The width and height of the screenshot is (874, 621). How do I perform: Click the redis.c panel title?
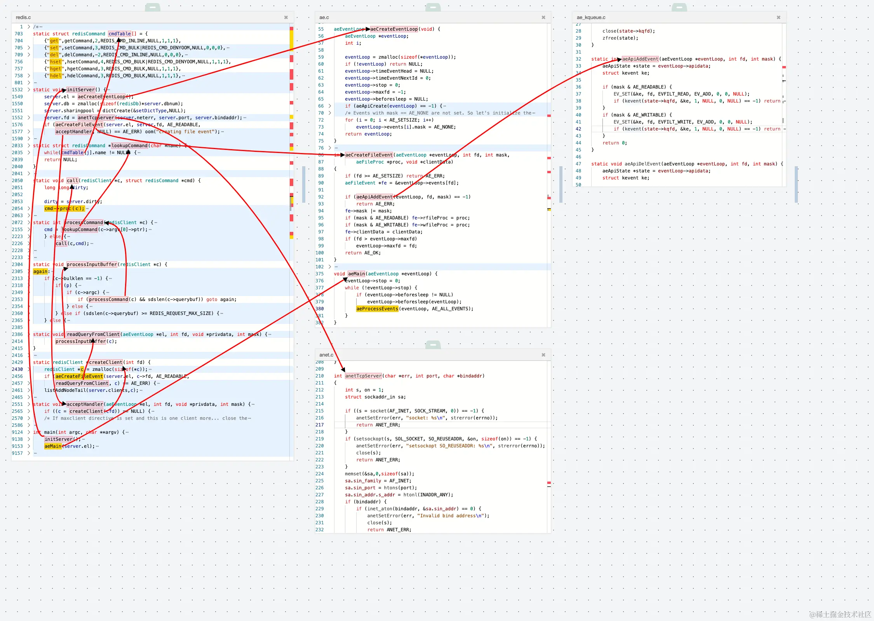pyautogui.click(x=23, y=17)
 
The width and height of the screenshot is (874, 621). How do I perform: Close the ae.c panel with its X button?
pyautogui.click(x=543, y=17)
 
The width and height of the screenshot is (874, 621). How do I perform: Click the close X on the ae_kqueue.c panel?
pyautogui.click(x=778, y=17)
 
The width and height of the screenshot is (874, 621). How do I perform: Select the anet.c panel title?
pyautogui.click(x=326, y=355)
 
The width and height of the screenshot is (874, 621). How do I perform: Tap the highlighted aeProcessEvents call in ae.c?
pyautogui.click(x=377, y=309)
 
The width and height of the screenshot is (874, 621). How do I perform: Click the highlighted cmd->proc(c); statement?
pyautogui.click(x=64, y=209)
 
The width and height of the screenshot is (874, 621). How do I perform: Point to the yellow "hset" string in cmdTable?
pyautogui.click(x=56, y=62)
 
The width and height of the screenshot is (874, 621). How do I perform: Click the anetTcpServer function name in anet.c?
pyautogui.click(x=363, y=376)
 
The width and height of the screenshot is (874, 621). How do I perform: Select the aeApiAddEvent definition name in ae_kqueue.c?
pyautogui.click(x=640, y=59)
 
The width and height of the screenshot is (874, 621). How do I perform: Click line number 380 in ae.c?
pyautogui.click(x=319, y=309)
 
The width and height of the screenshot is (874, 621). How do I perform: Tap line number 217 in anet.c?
pyautogui.click(x=319, y=425)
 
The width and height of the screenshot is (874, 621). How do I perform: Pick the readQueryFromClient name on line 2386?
pyautogui.click(x=93, y=334)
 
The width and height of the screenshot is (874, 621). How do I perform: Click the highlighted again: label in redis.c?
pyautogui.click(x=40, y=271)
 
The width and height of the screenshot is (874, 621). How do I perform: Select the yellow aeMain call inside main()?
pyautogui.click(x=53, y=446)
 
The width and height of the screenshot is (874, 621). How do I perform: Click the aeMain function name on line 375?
pyautogui.click(x=356, y=274)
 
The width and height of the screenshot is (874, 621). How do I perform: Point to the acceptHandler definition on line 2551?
pyautogui.click(x=85, y=404)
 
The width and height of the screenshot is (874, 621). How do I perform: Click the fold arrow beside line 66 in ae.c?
pyautogui.click(x=330, y=106)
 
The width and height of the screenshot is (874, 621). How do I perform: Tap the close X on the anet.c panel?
pyautogui.click(x=543, y=355)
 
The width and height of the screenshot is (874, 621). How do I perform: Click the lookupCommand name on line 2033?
pyautogui.click(x=129, y=146)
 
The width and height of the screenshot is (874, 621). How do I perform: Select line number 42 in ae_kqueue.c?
pyautogui.click(x=578, y=129)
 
